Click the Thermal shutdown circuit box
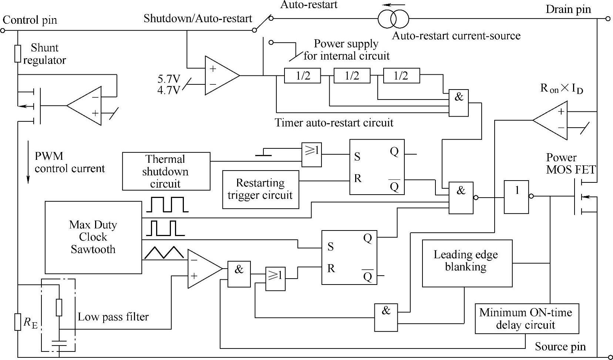click(166, 171)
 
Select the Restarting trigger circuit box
click(260, 189)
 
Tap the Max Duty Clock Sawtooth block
click(93, 237)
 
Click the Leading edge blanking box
click(467, 263)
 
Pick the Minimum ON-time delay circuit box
click(526, 319)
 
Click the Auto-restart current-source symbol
click(393, 18)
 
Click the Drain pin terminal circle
click(608, 18)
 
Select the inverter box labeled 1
click(516, 197)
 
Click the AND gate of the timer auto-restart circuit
click(458, 103)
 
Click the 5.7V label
click(169, 79)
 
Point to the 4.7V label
click(169, 90)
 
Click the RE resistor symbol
click(17, 322)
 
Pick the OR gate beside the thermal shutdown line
click(311, 155)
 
